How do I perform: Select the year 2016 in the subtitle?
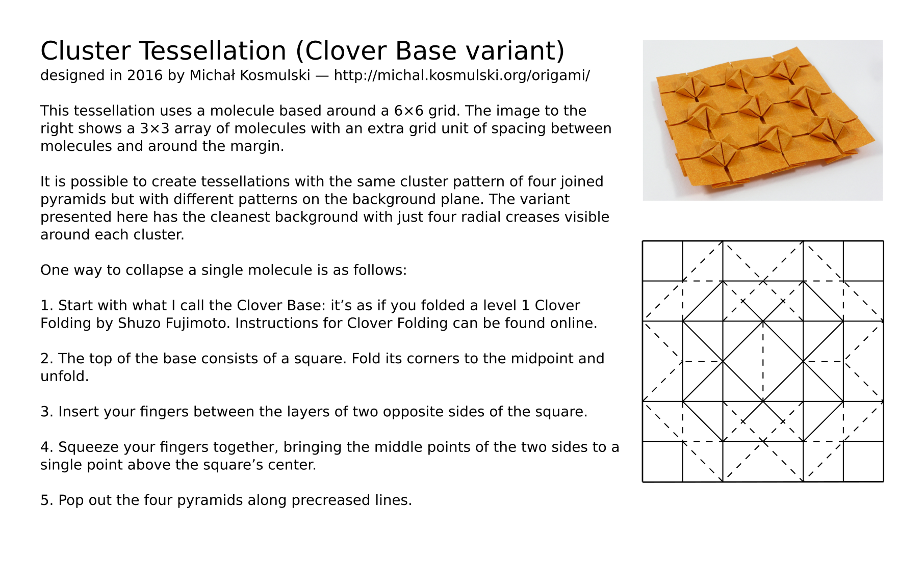145,75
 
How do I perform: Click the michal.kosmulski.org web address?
461,75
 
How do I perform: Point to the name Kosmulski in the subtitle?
275,75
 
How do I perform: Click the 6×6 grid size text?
408,111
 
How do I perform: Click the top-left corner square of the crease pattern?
662,261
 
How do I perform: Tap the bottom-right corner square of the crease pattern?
863,462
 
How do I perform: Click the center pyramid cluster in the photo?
756,108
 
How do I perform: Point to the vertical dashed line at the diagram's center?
763,361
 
